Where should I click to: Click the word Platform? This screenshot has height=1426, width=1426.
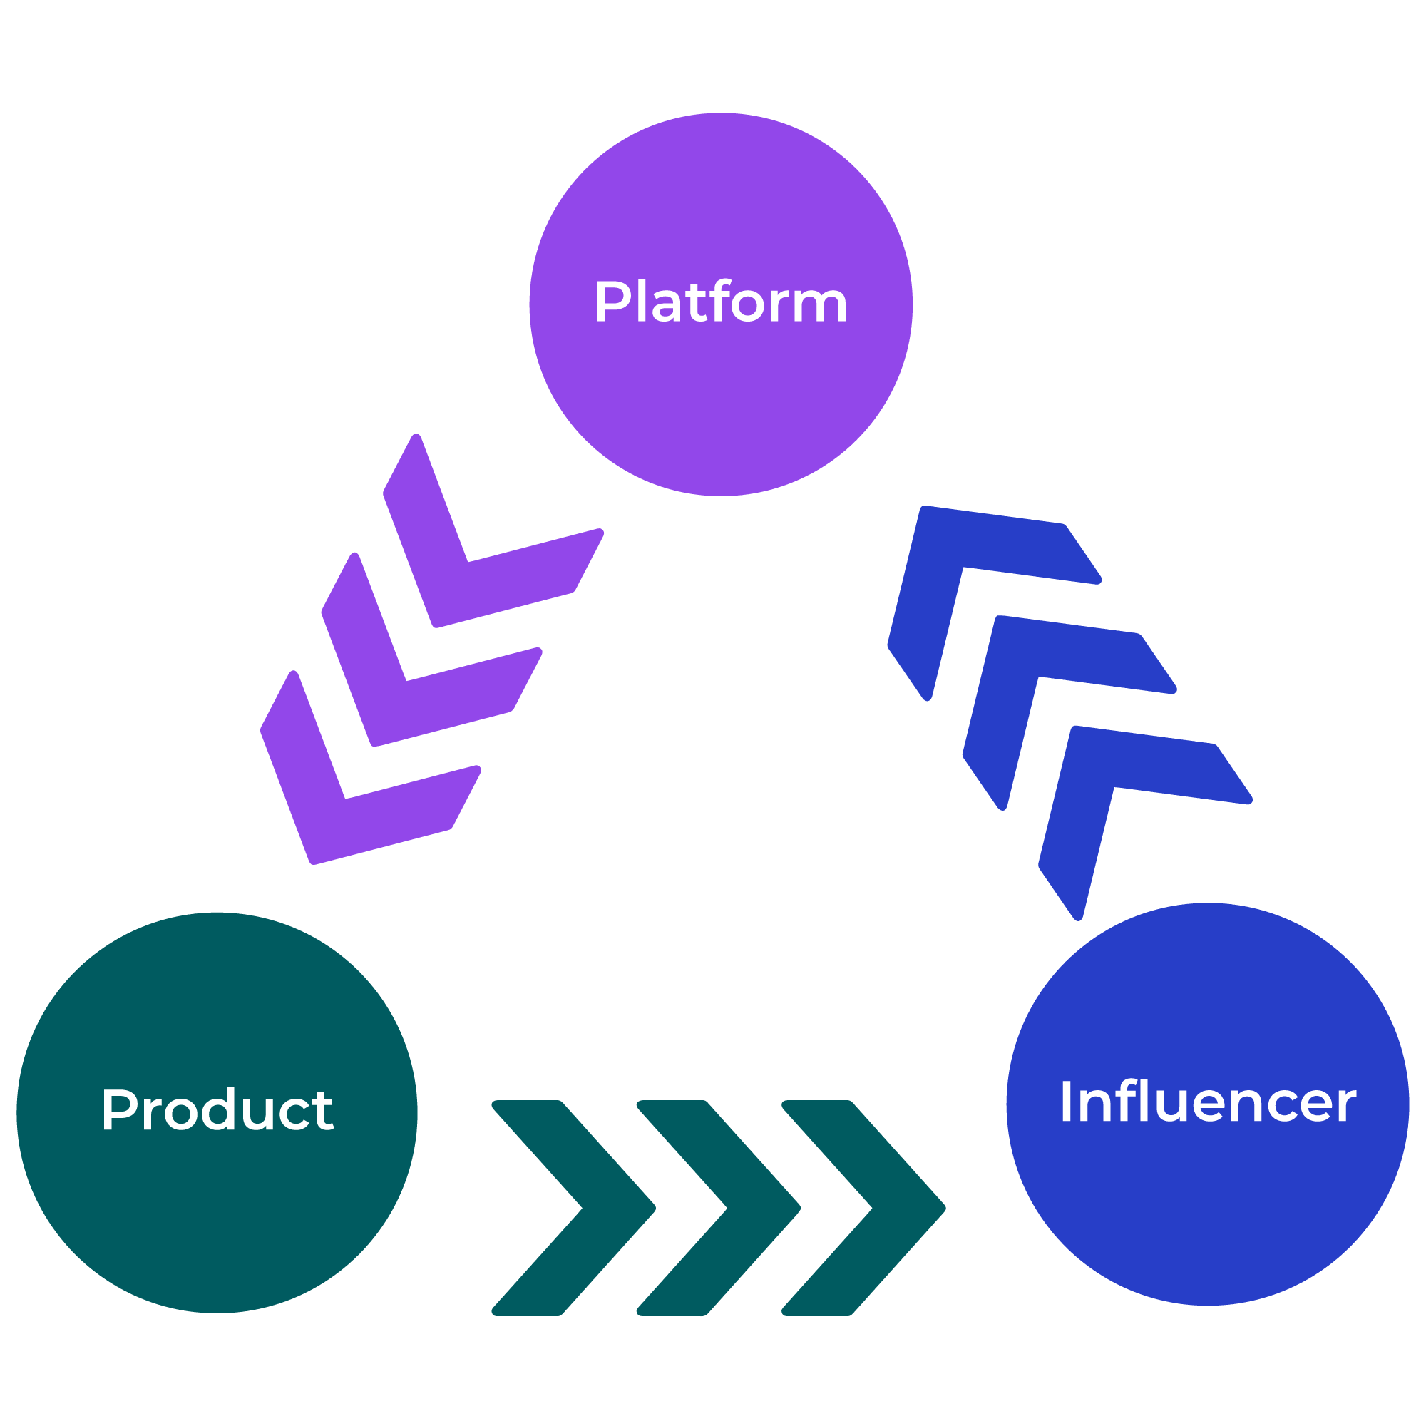720,302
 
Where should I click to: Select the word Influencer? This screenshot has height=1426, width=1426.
1208,1103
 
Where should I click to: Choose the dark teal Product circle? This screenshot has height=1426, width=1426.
217,1218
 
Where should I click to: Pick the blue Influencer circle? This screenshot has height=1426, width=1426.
1208,1218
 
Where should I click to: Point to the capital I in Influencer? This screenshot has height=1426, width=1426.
1065,1103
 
